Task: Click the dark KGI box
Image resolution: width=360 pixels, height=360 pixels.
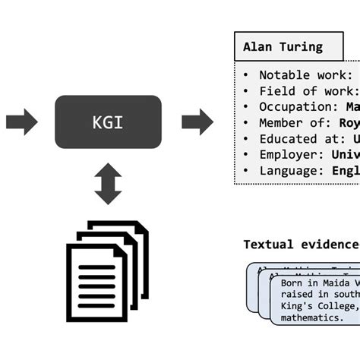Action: pos(108,122)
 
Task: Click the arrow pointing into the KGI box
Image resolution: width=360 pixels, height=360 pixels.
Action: pos(21,122)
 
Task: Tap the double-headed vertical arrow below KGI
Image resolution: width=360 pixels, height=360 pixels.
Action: pos(108,183)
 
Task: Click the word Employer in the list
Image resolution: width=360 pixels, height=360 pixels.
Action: pos(286,155)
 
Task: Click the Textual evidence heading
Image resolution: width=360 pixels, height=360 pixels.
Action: pos(300,244)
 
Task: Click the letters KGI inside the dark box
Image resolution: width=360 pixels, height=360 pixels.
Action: pos(108,122)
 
